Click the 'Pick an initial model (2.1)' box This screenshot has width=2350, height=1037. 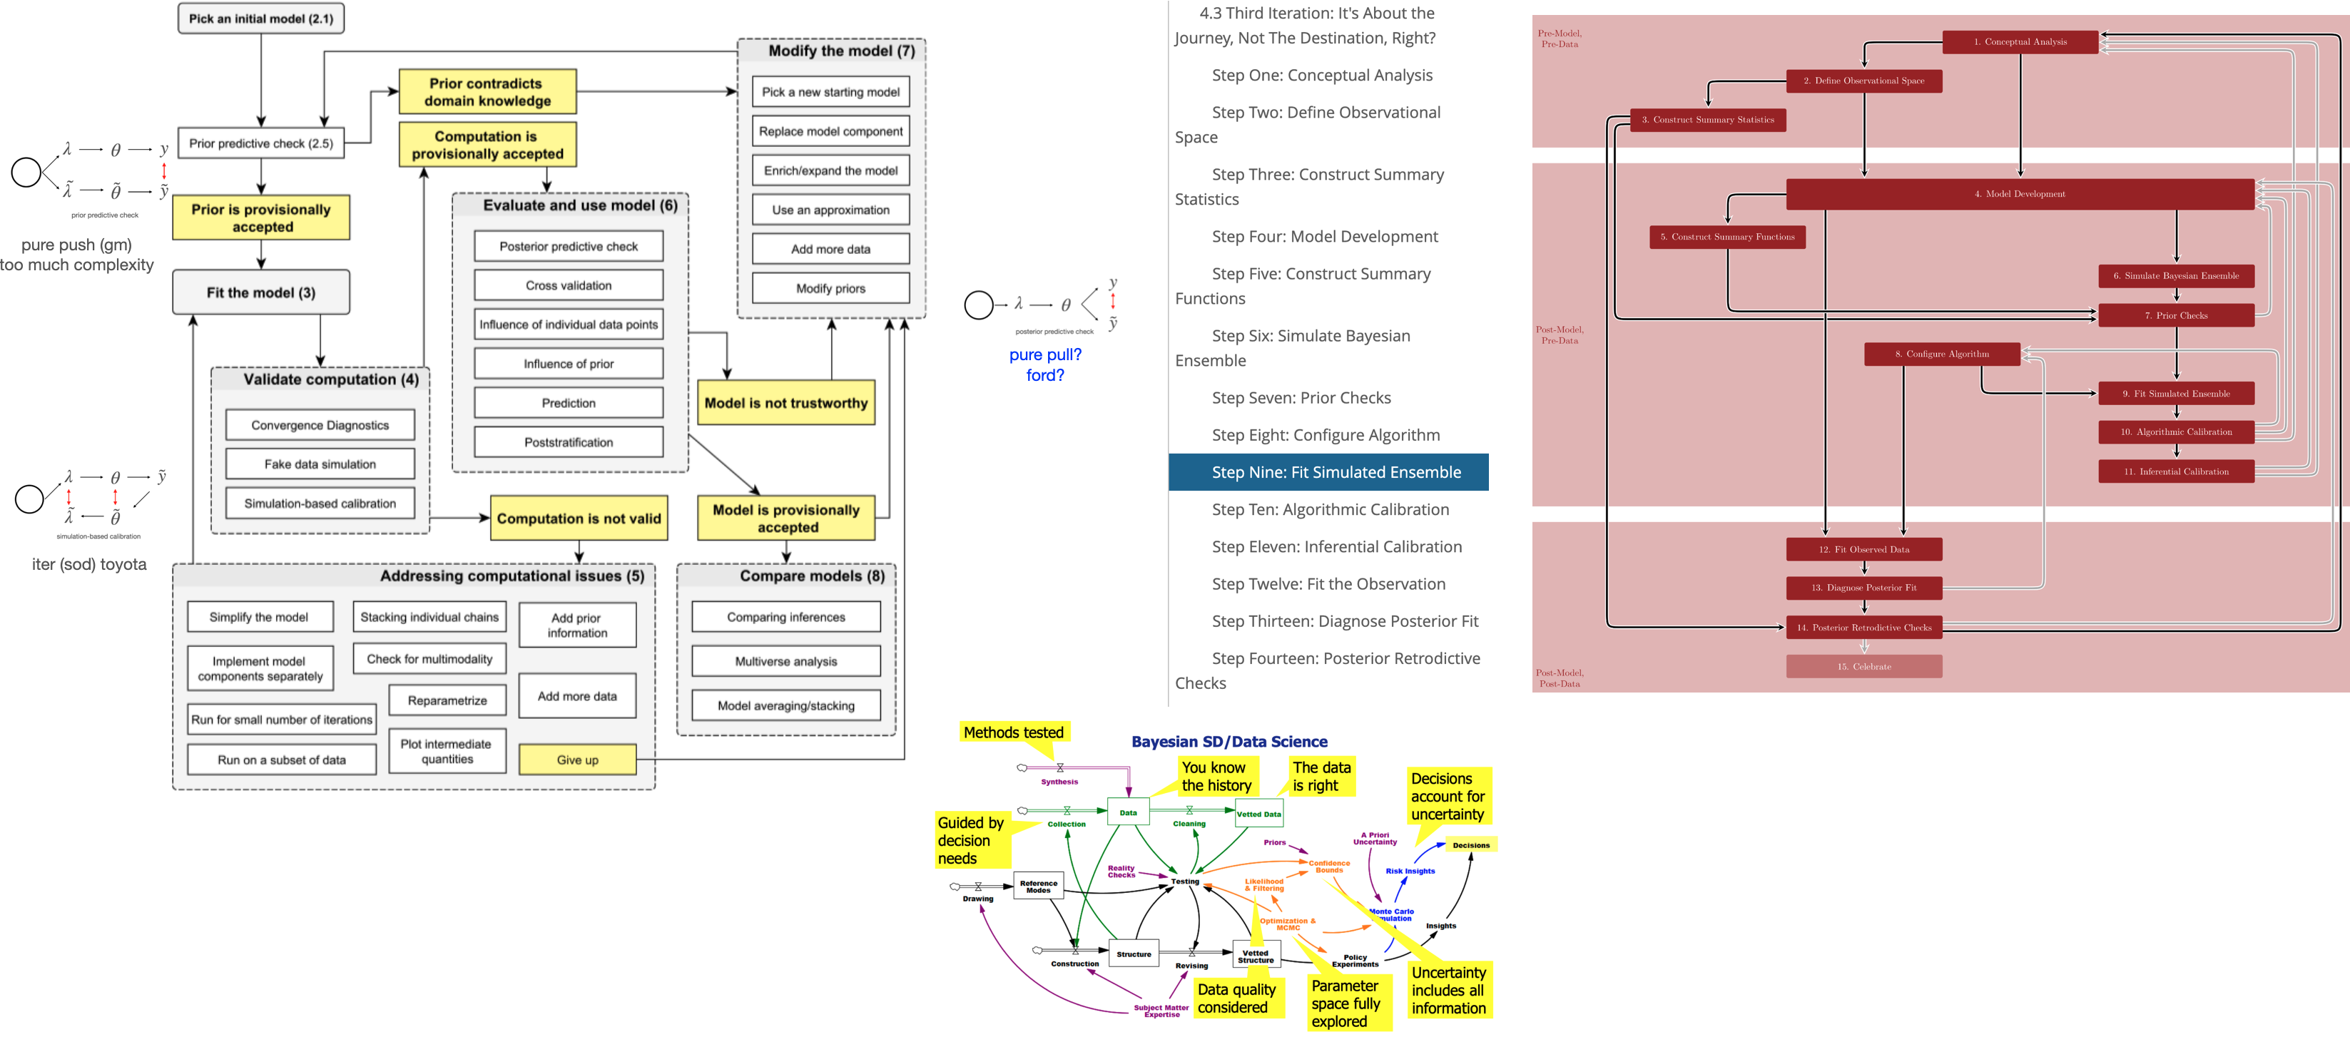pyautogui.click(x=261, y=19)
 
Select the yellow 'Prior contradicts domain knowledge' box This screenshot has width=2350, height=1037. pyautogui.click(x=487, y=92)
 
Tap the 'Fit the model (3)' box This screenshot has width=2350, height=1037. pyautogui.click(x=261, y=292)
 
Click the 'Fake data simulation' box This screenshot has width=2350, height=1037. pyautogui.click(x=320, y=464)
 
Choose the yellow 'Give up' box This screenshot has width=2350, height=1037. pyautogui.click(x=577, y=760)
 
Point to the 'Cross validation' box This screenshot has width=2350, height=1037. pyautogui.click(x=569, y=285)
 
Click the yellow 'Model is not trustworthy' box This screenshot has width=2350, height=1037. pyautogui.click(x=785, y=403)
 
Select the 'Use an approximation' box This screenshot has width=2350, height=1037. pyautogui.click(x=830, y=210)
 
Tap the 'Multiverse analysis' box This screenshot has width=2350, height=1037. pyautogui.click(x=785, y=661)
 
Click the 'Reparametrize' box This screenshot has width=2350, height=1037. pyautogui.click(x=447, y=700)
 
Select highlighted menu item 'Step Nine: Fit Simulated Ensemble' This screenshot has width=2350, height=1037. pyautogui.click(x=1328, y=472)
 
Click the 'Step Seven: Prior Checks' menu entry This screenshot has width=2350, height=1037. pyautogui.click(x=1301, y=398)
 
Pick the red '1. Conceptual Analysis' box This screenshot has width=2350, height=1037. pyautogui.click(x=2020, y=42)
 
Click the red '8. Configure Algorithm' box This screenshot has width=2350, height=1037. pyautogui.click(x=1942, y=354)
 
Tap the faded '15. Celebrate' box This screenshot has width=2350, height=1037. pyautogui.click(x=1863, y=667)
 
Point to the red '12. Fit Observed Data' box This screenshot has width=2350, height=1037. pyautogui.click(x=1863, y=549)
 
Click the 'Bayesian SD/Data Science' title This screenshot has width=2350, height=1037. pyautogui.click(x=1229, y=742)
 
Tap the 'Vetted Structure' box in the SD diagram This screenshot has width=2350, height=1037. pyautogui.click(x=1256, y=956)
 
